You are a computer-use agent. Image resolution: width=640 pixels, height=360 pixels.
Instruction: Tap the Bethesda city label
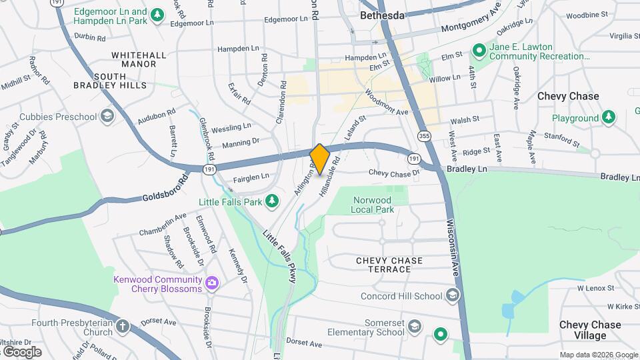click(382, 15)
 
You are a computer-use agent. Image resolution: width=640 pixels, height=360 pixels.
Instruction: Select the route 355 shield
click(424, 136)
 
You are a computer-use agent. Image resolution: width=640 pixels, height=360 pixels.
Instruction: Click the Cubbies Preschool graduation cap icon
click(107, 117)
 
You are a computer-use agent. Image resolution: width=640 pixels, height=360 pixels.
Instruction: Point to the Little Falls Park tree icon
click(271, 200)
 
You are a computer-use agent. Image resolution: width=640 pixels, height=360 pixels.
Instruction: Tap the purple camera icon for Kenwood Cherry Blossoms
click(213, 283)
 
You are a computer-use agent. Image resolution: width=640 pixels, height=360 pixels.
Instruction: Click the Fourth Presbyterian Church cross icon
click(123, 326)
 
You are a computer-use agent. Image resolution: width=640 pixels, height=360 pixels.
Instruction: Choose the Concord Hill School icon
click(453, 295)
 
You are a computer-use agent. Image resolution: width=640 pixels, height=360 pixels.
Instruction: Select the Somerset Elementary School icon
click(415, 326)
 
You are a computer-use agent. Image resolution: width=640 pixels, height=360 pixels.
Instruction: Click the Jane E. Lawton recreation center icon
click(478, 51)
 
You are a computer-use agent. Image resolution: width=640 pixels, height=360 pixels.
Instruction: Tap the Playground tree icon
click(608, 118)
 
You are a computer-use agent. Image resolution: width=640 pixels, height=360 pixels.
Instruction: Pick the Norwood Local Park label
click(373, 205)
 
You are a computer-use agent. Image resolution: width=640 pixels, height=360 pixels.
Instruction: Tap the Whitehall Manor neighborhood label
click(134, 59)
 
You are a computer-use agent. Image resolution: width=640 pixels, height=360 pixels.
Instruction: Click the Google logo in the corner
click(22, 351)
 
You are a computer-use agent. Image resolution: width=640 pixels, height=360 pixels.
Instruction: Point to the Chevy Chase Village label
click(590, 330)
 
